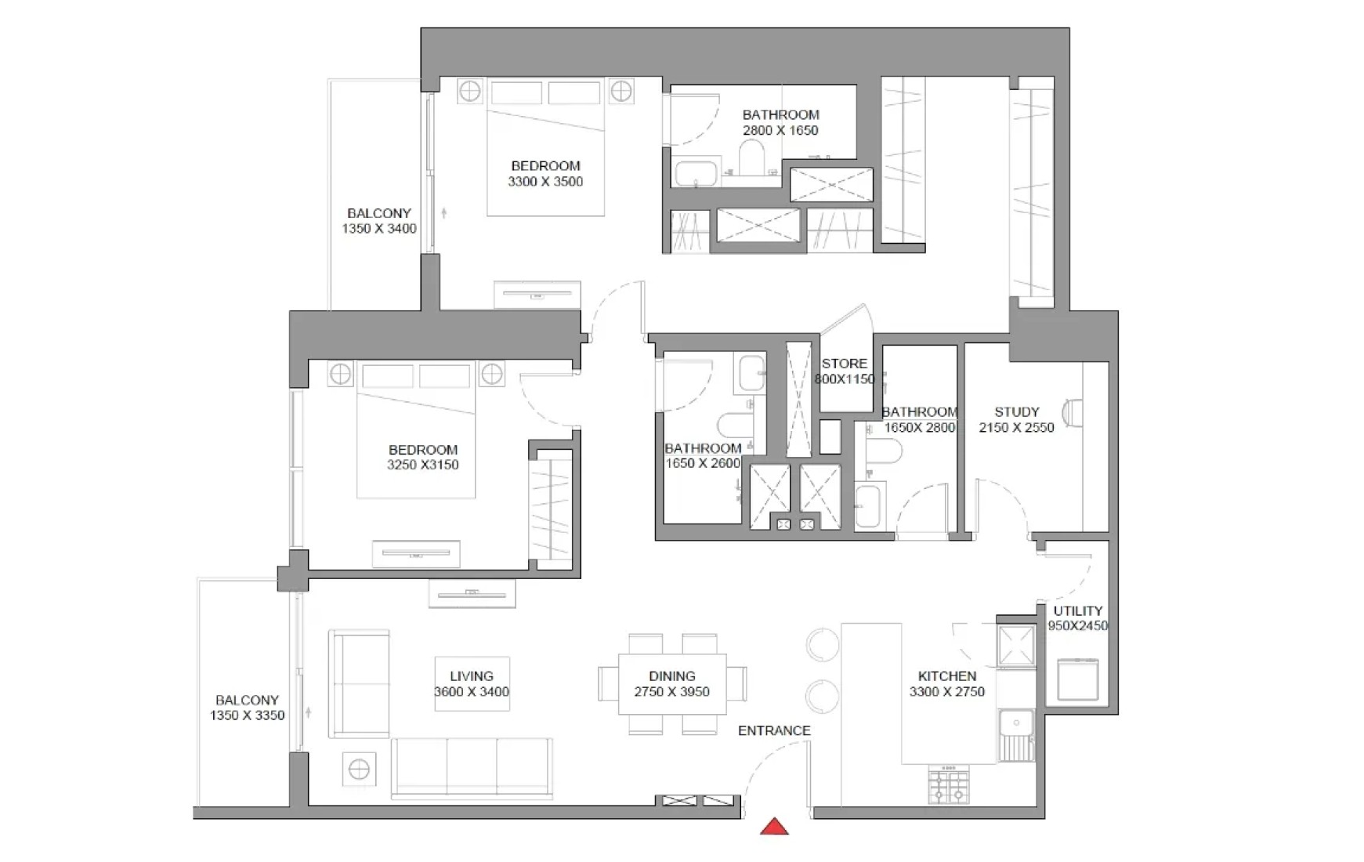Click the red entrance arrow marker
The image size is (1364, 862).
[x=774, y=827]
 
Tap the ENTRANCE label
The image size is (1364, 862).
[x=774, y=730]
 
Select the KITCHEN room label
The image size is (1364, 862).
[x=947, y=675]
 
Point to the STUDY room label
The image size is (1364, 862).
[x=1017, y=411]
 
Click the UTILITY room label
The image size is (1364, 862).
[x=1078, y=610]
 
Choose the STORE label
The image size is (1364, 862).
[x=845, y=364]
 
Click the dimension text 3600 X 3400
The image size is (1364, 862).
[x=472, y=692]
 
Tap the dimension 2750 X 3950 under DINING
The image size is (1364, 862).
[x=672, y=692]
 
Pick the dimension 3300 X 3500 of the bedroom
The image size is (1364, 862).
[x=545, y=182]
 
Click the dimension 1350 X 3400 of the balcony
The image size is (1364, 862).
[x=379, y=229]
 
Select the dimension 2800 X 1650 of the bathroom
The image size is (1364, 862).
[x=780, y=131]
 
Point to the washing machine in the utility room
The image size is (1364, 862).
[x=1078, y=679]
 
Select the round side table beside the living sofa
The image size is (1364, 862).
[x=359, y=770]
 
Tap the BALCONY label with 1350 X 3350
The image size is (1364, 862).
[x=247, y=701]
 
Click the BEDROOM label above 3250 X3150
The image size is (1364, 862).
[x=423, y=450]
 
